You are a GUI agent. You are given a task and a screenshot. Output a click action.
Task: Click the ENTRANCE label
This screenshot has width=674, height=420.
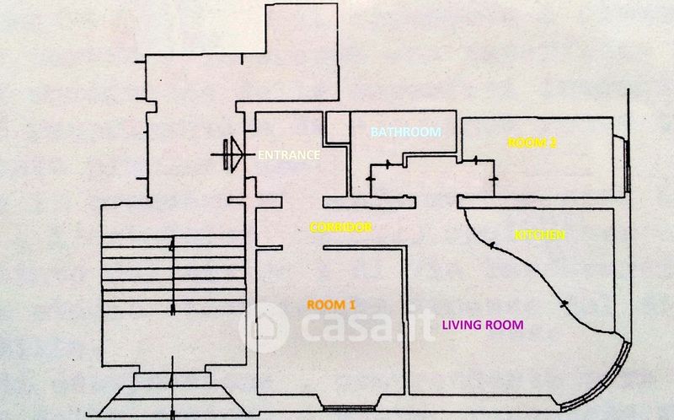pos(288,155)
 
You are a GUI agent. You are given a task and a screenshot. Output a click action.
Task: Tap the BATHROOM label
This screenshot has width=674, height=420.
pos(406,132)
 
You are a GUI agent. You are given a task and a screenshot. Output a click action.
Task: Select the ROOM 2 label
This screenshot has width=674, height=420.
pos(532,143)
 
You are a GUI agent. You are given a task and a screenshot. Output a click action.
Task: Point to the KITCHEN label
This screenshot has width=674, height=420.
pos(539,235)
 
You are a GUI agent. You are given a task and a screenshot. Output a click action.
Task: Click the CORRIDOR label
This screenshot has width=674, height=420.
pos(340,227)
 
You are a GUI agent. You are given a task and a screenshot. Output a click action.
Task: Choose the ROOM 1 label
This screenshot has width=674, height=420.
pos(331,304)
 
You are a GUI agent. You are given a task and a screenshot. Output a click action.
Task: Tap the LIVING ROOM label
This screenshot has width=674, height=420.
pos(483,325)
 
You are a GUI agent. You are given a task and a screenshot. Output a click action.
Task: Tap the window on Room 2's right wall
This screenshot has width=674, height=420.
pos(626,162)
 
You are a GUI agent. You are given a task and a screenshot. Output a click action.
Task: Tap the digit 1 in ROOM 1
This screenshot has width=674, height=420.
pos(352,304)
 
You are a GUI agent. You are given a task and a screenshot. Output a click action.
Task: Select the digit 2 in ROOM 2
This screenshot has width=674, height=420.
pos(553,143)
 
